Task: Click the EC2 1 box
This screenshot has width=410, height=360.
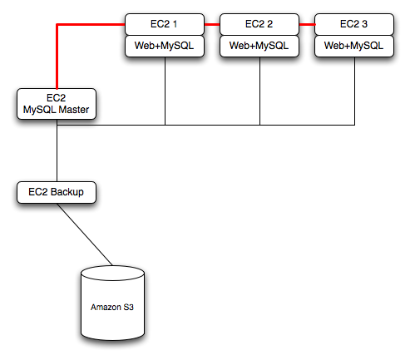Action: coord(165,24)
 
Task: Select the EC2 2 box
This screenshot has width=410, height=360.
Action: coord(259,24)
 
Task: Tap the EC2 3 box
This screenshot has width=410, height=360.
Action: coord(355,24)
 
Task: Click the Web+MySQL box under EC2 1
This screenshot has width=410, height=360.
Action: coord(165,46)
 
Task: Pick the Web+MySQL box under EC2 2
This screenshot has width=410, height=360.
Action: coord(259,46)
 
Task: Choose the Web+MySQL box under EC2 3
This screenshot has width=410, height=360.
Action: coord(355,46)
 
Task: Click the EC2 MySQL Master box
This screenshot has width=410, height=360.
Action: coord(57,104)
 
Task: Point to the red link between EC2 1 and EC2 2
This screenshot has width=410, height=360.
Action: coord(212,25)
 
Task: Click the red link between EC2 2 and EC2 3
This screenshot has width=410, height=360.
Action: coord(307,25)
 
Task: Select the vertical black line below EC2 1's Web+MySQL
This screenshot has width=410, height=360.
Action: coord(165,91)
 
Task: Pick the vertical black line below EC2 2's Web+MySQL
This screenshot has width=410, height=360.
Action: coord(260,91)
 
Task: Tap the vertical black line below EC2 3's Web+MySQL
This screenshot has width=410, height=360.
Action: coord(355,91)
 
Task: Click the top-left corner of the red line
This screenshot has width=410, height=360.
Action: coord(57,25)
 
